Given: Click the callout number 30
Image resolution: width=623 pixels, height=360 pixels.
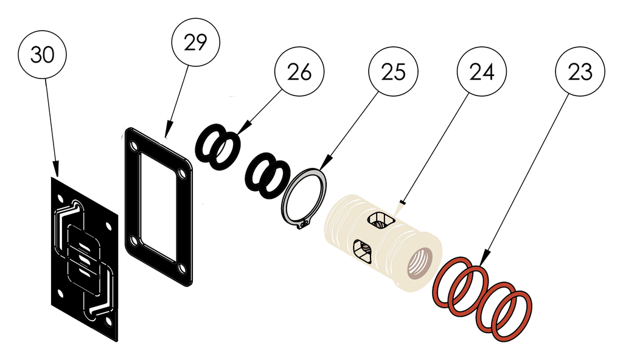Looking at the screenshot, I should pyautogui.click(x=43, y=55).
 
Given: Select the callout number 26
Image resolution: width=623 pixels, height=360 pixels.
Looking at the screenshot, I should pyautogui.click(x=299, y=72).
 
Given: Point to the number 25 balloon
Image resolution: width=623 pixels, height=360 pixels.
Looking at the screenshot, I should pyautogui.click(x=393, y=72).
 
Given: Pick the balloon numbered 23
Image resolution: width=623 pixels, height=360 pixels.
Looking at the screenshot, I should pyautogui.click(x=581, y=72).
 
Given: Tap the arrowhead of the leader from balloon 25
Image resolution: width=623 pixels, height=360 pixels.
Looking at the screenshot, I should pyautogui.click(x=321, y=168).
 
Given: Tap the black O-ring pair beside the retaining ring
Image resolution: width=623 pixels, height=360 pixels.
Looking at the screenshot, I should pyautogui.click(x=266, y=176).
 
